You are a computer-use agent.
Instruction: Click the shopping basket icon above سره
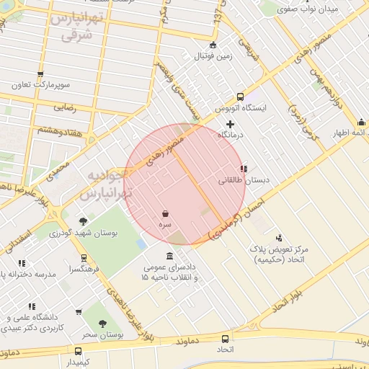[x=166, y=214]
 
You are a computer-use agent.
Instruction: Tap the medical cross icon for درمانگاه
[x=231, y=124]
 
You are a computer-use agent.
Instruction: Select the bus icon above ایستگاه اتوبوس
[x=240, y=97]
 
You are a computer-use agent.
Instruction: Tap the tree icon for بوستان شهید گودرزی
[x=83, y=221]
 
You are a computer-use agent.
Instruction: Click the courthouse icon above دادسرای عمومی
[x=169, y=257]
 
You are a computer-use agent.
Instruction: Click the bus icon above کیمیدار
[x=78, y=351]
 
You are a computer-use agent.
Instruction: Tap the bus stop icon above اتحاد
[x=226, y=338]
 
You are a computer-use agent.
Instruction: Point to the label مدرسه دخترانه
[x=27, y=275]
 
